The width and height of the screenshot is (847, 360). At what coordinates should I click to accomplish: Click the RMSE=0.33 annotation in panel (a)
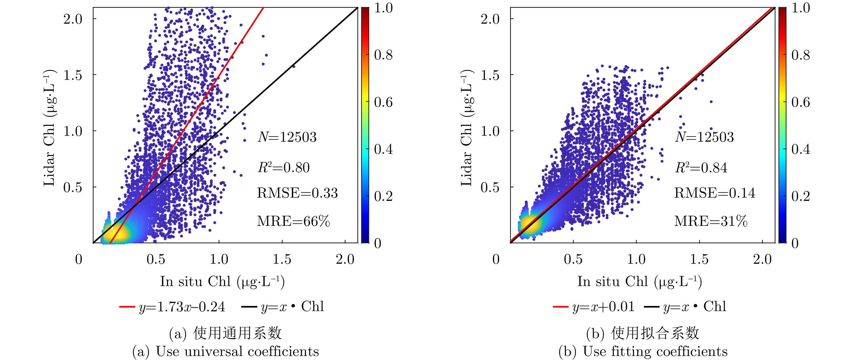[297, 193]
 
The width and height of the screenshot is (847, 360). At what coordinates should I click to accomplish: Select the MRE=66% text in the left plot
[293, 221]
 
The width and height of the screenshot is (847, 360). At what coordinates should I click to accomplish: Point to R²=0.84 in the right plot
[701, 168]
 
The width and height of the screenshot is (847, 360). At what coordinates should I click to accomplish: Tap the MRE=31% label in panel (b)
[711, 221]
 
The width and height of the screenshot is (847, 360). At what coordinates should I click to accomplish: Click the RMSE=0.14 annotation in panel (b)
[714, 193]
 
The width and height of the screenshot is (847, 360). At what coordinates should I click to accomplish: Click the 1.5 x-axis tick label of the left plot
[282, 259]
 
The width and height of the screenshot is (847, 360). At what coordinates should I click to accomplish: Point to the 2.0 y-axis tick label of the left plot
[73, 19]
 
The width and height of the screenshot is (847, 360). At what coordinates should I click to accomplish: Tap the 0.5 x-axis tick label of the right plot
[573, 259]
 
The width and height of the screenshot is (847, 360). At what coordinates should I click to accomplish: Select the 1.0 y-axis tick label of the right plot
[490, 131]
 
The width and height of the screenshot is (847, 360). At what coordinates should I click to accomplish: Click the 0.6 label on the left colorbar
[383, 102]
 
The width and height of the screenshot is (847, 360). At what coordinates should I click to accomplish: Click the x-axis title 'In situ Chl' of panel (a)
[222, 282]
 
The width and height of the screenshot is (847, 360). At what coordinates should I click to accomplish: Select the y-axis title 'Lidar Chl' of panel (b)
[466, 128]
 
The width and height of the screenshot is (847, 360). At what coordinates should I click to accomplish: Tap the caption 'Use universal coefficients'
[226, 351]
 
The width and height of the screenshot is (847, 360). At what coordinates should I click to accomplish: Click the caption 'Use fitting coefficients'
[643, 351]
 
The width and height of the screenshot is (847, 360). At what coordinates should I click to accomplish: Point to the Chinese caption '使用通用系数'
[237, 333]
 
